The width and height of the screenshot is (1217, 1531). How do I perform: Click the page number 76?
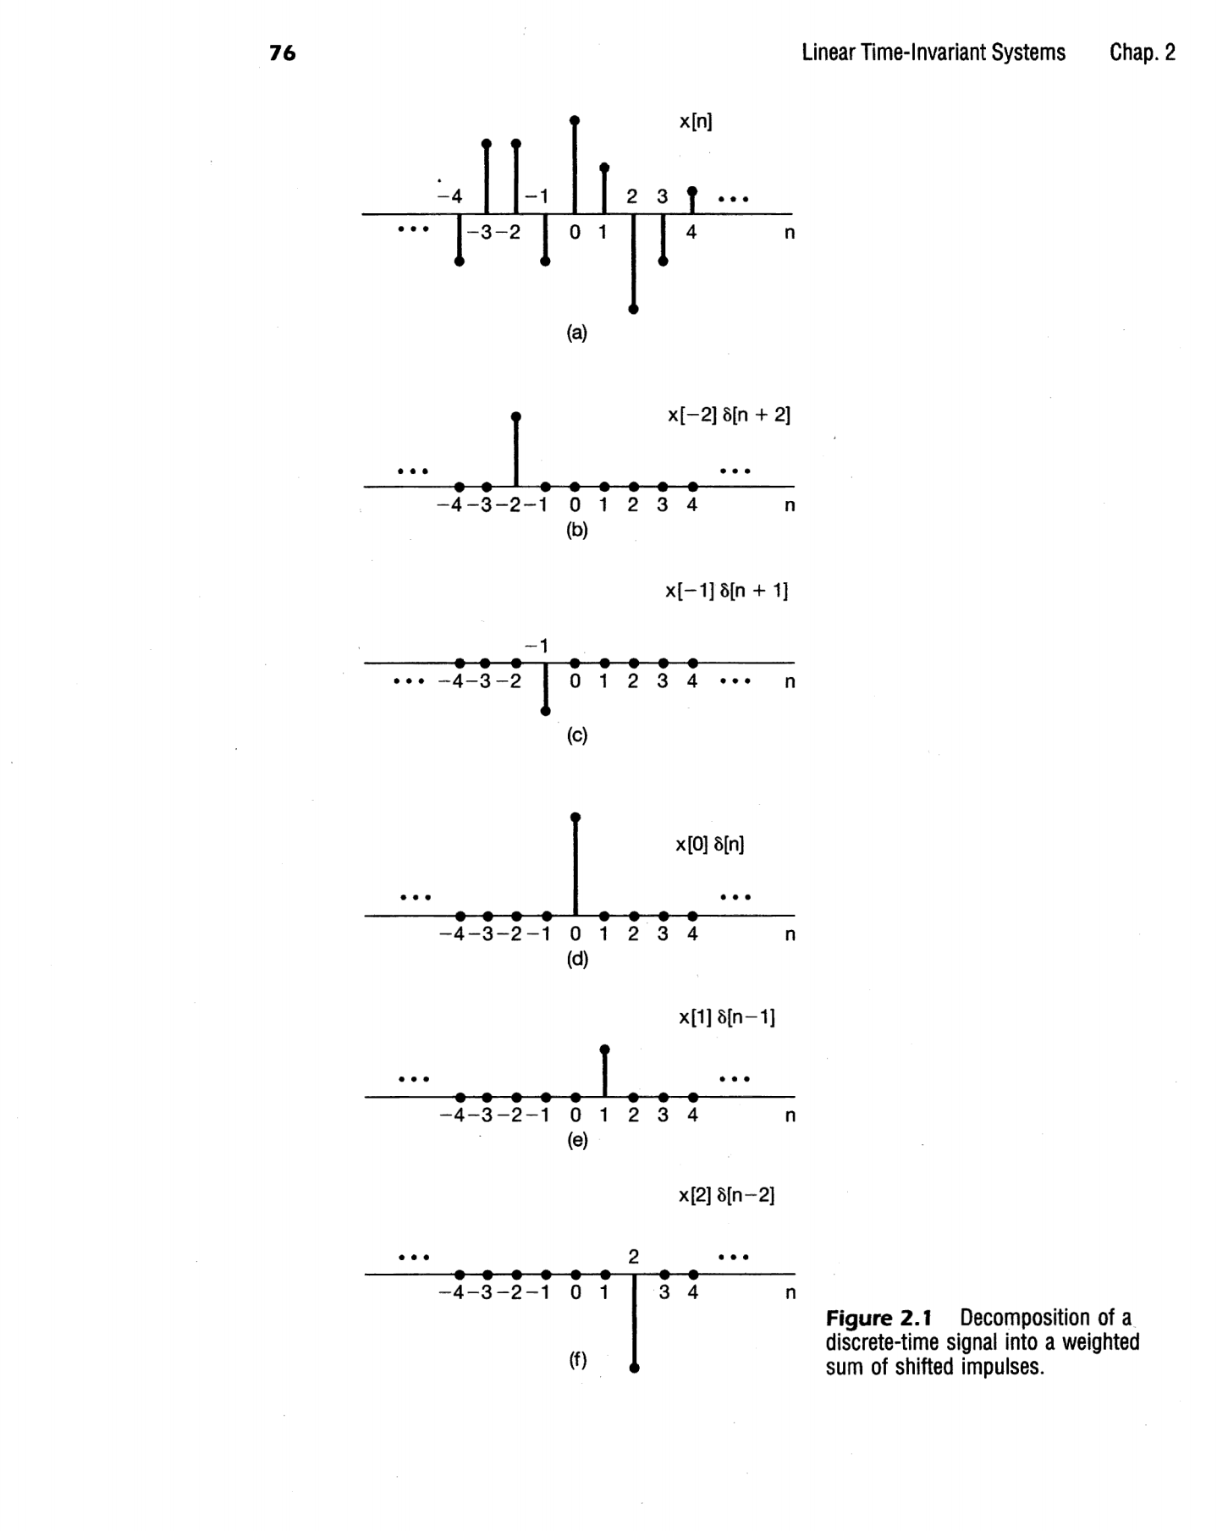[283, 53]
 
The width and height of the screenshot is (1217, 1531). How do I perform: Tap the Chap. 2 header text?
[1142, 52]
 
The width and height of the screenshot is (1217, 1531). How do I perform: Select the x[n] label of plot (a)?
[696, 122]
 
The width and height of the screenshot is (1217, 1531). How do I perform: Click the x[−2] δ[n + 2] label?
[728, 416]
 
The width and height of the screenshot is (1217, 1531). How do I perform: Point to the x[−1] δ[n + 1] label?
[726, 591]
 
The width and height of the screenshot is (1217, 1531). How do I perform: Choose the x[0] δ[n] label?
[709, 844]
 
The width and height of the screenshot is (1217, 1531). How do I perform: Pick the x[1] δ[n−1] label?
[726, 1016]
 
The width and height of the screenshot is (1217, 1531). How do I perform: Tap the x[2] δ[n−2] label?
[726, 1195]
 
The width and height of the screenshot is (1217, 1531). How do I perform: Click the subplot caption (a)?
[576, 333]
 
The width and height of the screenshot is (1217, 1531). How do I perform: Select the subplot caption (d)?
[576, 959]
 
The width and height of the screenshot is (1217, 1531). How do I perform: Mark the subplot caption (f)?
[576, 1360]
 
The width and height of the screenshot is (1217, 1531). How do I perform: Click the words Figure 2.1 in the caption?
[878, 1318]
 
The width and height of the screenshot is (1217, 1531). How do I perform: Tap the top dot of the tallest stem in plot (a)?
[575, 120]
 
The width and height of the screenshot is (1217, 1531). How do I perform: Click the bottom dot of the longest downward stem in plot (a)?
[634, 310]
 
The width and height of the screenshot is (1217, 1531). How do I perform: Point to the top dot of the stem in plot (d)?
[575, 817]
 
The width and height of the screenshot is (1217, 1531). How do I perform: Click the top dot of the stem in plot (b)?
[516, 416]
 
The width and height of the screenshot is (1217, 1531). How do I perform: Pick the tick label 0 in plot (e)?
[575, 1115]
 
